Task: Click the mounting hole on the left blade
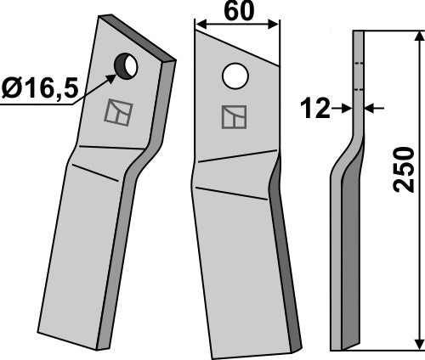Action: click(126, 66)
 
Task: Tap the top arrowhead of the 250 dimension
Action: click(418, 37)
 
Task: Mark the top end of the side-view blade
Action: click(358, 33)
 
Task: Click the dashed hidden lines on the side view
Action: click(358, 76)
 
